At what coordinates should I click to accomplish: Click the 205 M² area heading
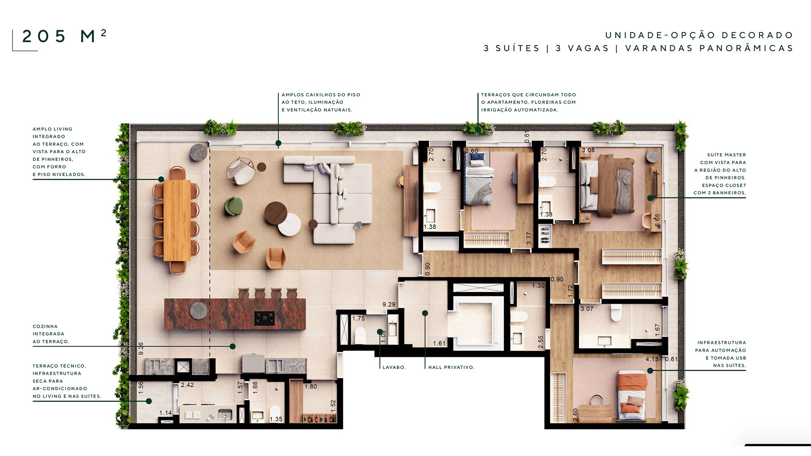[64, 36]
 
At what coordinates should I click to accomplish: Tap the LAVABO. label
[394, 367]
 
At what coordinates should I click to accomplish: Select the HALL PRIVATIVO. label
[451, 367]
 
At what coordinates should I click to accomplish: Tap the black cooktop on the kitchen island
[264, 318]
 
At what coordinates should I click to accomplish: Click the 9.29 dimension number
[389, 304]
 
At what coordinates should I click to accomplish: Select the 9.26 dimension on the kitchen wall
[141, 348]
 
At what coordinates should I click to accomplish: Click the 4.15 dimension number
[652, 359]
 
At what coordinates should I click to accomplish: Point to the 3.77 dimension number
[528, 239]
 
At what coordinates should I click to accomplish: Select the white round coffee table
[289, 224]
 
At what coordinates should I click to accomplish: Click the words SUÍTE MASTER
[727, 155]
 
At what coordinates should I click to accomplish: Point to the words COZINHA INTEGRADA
[48, 330]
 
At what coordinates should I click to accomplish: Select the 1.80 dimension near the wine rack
[310, 386]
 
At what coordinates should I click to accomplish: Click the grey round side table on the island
[198, 311]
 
